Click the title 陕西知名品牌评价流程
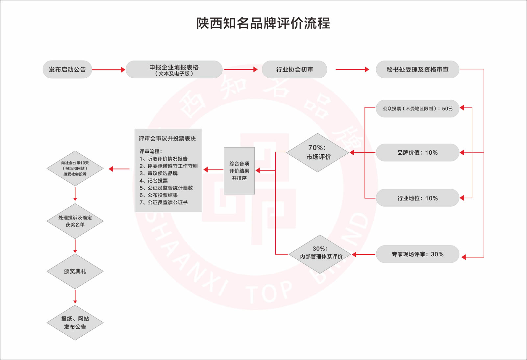(x=263, y=23)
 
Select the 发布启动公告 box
(x=67, y=69)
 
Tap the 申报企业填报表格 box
(x=174, y=69)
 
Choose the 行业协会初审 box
(x=294, y=69)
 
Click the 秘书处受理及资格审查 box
(x=417, y=69)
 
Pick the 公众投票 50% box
(x=417, y=109)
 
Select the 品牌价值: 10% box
(x=417, y=153)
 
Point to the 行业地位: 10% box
(x=417, y=198)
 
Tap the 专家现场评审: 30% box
(x=417, y=254)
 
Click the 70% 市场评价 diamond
(x=317, y=153)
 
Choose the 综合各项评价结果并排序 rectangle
(x=239, y=171)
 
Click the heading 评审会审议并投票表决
(x=167, y=139)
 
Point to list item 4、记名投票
(x=154, y=181)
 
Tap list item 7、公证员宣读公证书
(x=163, y=202)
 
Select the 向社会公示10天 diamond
(x=75, y=168)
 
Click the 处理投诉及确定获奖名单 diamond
(x=75, y=221)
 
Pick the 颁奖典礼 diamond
(x=75, y=271)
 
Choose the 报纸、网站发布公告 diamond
(x=75, y=322)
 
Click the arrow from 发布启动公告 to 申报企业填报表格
(x=108, y=70)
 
